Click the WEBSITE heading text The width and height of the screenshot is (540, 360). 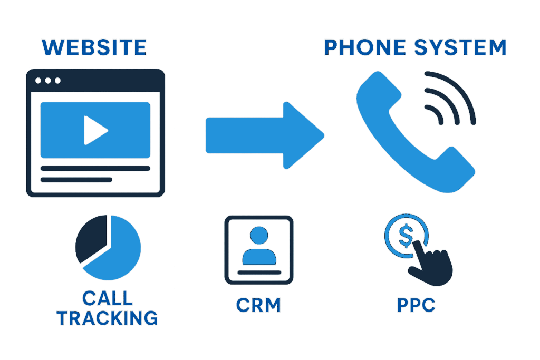pos(94,48)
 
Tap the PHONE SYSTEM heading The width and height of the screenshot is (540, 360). pos(414,48)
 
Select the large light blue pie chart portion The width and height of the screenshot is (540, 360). pos(119,253)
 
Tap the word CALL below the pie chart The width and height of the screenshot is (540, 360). pos(108,299)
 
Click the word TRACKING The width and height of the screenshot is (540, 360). pos(108,318)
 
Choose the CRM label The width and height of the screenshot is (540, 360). pos(258,305)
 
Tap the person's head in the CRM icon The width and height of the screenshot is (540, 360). pos(259,235)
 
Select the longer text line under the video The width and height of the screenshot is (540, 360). pos(95,168)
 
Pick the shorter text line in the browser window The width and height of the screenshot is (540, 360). pos(76,179)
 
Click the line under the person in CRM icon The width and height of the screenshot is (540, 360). pos(259,273)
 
